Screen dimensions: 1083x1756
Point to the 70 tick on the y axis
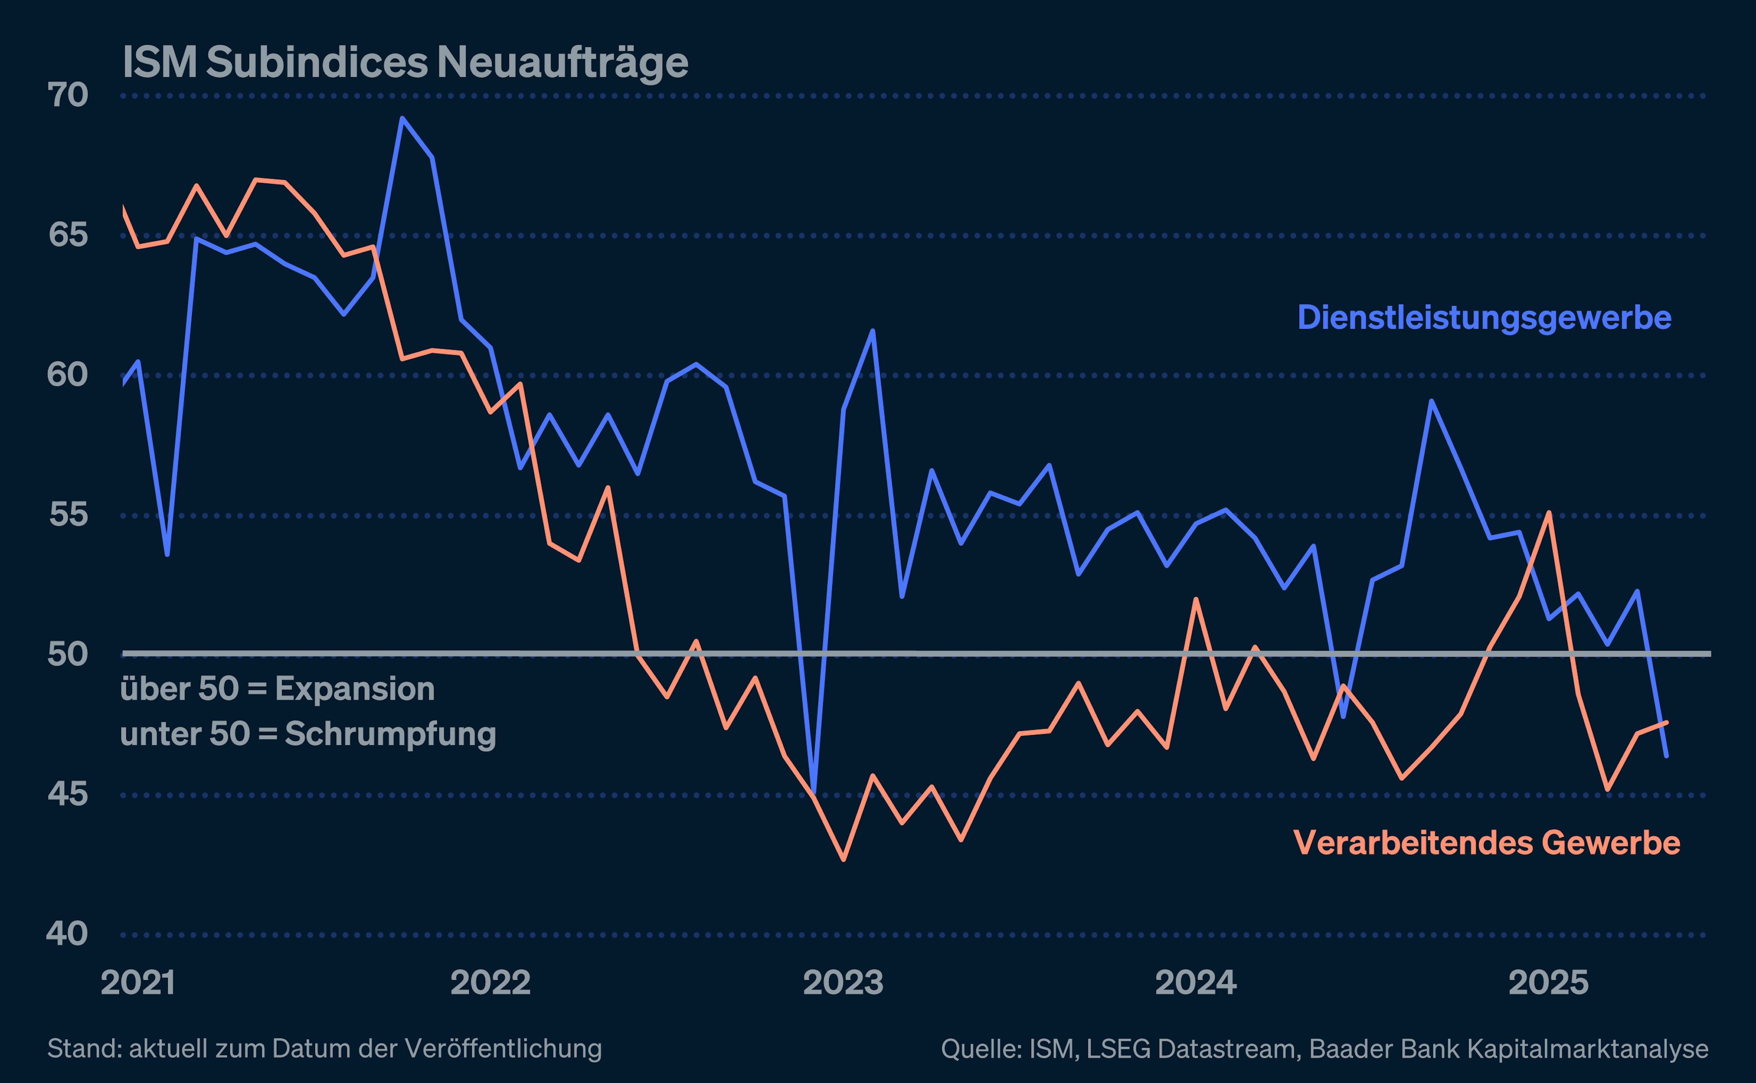(67, 95)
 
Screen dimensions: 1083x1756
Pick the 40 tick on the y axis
(67, 934)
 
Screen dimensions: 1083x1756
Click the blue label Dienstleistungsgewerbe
(1484, 317)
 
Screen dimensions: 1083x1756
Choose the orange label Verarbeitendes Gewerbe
(1486, 843)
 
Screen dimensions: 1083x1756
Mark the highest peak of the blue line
(402, 118)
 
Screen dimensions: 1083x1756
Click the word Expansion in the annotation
(355, 689)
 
